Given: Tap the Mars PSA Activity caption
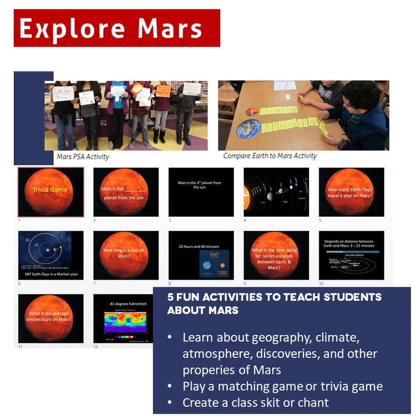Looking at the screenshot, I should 83,156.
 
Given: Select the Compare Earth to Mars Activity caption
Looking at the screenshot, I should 270,156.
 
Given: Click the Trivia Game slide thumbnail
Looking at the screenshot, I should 50,192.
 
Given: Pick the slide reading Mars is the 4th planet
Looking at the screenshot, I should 201,192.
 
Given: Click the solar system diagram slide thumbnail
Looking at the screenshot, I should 276,192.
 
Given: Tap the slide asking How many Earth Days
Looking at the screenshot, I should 351,192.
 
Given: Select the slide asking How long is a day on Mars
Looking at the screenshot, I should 126,255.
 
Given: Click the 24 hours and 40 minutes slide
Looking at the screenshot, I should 201,255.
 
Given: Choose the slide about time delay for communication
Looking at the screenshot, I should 276,255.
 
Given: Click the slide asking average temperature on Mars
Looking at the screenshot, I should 50,318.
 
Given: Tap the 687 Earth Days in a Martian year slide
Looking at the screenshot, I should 50,255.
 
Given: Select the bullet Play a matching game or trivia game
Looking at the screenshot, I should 282,386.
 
